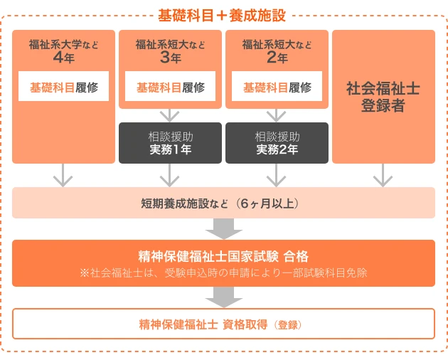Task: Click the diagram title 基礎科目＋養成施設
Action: tap(223, 12)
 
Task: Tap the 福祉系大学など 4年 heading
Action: tap(63, 51)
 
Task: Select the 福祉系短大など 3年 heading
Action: tap(170, 51)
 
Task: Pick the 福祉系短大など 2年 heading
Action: tap(277, 51)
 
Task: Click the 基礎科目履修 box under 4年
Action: tap(63, 88)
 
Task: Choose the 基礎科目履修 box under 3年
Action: tap(170, 88)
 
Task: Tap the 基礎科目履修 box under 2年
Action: tap(277, 88)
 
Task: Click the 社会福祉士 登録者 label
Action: tap(383, 97)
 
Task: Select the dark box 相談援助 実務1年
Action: tap(170, 143)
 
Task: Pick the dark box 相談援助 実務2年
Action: tap(277, 143)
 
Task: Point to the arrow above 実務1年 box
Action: tap(170, 115)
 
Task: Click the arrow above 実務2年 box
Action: tap(277, 115)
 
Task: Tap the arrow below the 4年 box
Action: tap(63, 175)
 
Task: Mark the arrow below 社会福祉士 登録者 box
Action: tap(383, 175)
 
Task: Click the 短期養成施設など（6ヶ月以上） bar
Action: tap(223, 203)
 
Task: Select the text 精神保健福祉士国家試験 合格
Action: tap(223, 256)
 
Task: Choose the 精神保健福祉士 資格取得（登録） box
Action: tap(223, 324)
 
